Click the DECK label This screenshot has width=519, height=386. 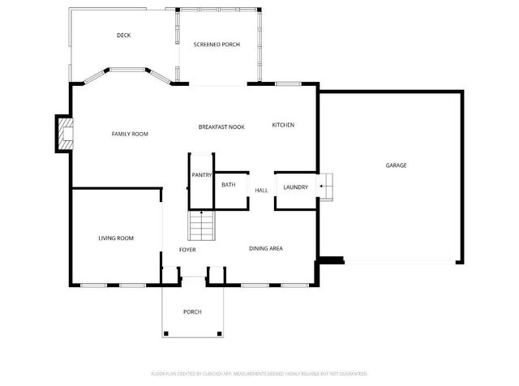click(124, 35)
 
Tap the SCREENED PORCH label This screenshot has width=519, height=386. click(217, 44)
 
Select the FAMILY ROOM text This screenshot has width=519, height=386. click(130, 134)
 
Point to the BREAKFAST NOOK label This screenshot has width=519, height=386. click(221, 127)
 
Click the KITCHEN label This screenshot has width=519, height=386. click(283, 125)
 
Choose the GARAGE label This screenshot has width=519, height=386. click(396, 165)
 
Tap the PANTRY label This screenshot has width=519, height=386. click(201, 174)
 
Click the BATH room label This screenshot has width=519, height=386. click(229, 185)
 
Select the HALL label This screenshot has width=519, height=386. click(261, 190)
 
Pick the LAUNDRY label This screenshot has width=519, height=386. click(295, 187)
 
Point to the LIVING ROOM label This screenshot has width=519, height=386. click(116, 238)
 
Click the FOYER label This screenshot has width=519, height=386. click(187, 249)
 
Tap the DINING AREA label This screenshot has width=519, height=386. click(265, 248)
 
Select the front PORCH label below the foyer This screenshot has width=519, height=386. click(192, 311)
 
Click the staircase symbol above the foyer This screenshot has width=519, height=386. click(202, 224)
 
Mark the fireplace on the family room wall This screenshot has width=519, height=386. click(63, 135)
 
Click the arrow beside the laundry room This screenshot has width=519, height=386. click(322, 187)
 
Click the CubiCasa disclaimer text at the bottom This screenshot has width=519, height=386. click(259, 375)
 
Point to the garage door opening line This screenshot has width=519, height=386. click(401, 261)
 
